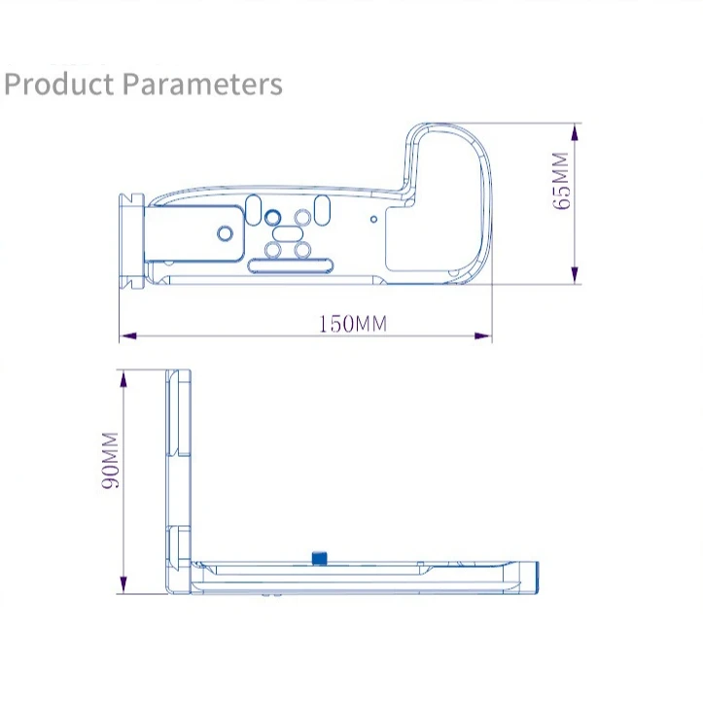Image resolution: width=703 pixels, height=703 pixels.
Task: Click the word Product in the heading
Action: [x=58, y=84]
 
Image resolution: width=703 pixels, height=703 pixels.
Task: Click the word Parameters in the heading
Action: [x=202, y=84]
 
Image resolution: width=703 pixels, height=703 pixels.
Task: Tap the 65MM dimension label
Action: [x=560, y=180]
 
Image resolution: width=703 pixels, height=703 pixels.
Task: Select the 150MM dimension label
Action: [x=352, y=323]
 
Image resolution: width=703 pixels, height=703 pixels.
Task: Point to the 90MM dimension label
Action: [x=110, y=460]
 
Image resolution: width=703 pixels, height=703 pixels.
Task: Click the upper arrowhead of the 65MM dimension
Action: [x=576, y=133]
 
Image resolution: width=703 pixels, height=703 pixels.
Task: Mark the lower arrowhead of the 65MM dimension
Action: [x=576, y=274]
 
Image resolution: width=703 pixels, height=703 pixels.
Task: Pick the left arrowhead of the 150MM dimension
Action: [x=128, y=335]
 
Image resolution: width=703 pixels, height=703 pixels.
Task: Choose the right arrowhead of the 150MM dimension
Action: [x=483, y=335]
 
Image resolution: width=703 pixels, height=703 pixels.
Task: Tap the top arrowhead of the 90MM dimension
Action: [x=123, y=379]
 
